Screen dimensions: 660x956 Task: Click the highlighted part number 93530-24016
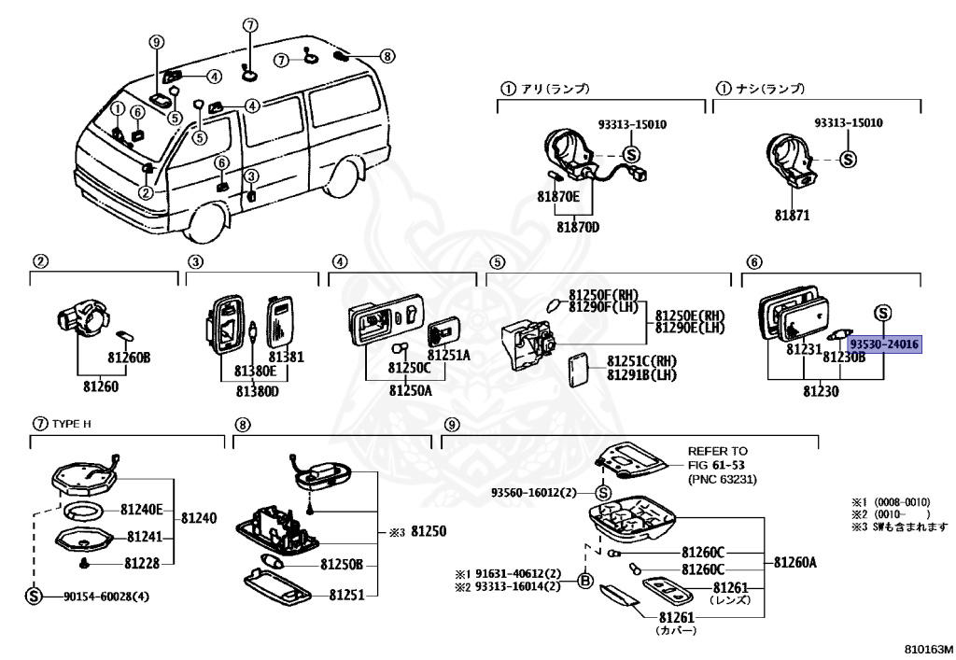(x=884, y=344)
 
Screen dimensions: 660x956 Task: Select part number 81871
(x=792, y=216)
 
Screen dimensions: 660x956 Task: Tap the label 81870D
(x=579, y=227)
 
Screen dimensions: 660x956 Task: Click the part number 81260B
(x=128, y=357)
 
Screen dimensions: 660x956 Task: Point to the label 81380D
(x=258, y=390)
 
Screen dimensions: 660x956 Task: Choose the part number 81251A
(x=449, y=356)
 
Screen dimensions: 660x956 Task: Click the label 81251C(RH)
(x=641, y=359)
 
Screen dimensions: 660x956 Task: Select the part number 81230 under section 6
(x=818, y=390)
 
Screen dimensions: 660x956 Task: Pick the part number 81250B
(x=342, y=564)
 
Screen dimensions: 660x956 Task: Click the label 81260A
(x=795, y=562)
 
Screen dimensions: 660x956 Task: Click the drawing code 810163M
(x=928, y=647)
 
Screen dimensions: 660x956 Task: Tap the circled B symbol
(x=586, y=581)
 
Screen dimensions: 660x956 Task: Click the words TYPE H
(x=70, y=423)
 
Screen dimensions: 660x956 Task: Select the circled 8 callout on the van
(x=387, y=56)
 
